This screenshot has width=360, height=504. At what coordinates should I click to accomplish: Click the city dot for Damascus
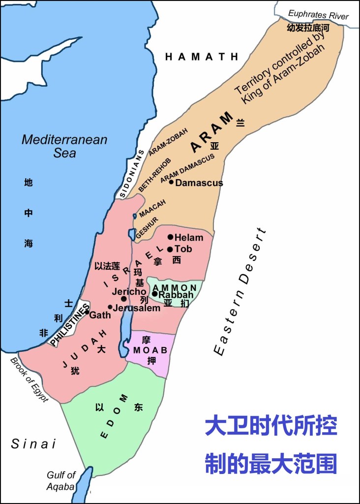(x=171, y=182)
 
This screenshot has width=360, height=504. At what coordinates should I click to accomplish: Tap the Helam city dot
(x=170, y=237)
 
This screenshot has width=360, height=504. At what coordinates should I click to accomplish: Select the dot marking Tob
(x=170, y=249)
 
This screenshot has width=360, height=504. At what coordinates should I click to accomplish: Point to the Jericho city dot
(x=123, y=299)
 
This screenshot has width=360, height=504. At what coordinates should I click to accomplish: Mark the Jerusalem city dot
(x=110, y=307)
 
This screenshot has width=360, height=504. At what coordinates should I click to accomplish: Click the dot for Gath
(x=87, y=312)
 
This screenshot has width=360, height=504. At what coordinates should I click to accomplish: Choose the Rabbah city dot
(x=154, y=294)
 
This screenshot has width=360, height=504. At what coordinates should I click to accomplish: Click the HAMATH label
(x=202, y=57)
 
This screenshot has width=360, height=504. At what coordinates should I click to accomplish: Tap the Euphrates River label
(x=318, y=15)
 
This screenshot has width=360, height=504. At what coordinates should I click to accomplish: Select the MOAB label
(x=150, y=350)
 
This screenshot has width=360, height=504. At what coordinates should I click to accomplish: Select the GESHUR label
(x=146, y=227)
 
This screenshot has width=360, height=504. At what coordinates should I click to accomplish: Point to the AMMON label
(x=175, y=287)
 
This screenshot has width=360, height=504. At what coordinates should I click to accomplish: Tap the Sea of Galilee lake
(x=132, y=234)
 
